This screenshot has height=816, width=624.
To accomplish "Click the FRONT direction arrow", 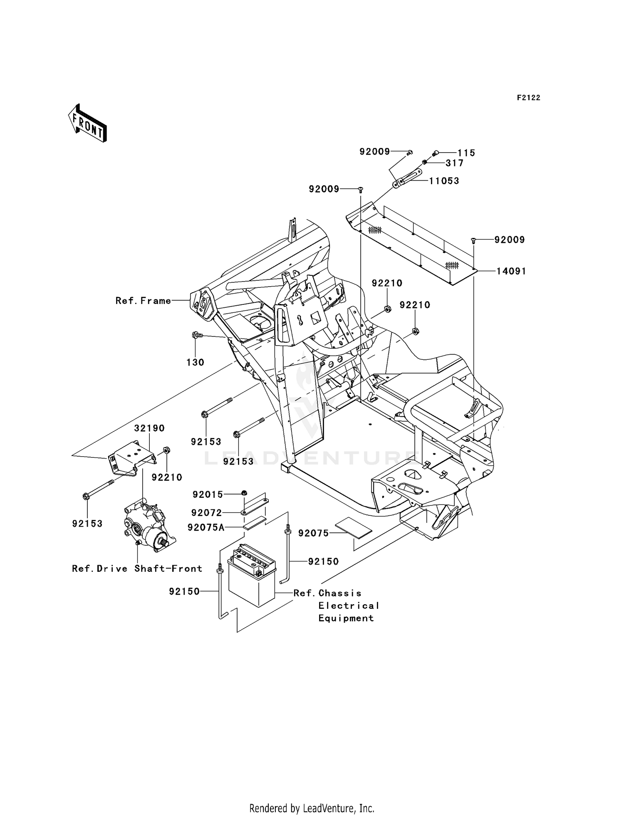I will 88,124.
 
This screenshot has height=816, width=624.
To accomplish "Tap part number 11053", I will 444,181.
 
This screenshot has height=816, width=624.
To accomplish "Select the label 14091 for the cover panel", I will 511,271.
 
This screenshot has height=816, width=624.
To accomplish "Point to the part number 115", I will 466,153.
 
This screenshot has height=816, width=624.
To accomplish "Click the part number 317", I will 454,163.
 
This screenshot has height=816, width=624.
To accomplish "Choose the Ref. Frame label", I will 143,301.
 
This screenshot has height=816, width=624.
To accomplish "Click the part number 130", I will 195,362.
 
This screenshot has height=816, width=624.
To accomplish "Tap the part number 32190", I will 149,428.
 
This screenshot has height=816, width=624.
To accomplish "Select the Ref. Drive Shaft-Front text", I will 137,569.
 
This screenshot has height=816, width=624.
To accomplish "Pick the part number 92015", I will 208,495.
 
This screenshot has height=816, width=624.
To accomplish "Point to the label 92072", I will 207,513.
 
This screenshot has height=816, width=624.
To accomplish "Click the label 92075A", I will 206,527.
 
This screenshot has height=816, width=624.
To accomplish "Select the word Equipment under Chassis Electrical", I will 346,618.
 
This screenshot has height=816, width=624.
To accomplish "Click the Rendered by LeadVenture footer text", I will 312,808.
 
